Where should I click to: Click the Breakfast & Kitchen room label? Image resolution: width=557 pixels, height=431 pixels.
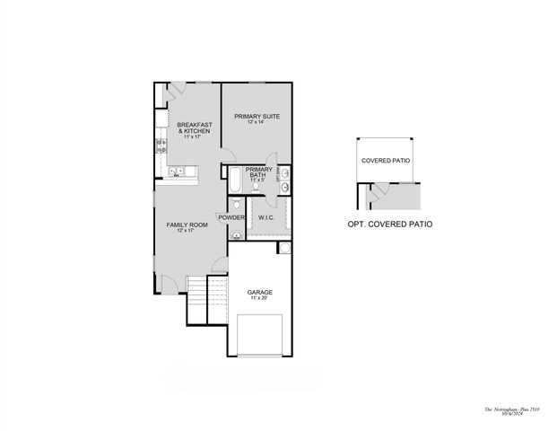(x=194, y=127)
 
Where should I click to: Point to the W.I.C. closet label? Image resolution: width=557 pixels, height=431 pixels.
(x=266, y=217)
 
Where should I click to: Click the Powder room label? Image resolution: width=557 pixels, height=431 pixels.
(x=231, y=217)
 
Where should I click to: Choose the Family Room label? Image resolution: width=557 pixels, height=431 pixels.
(x=187, y=224)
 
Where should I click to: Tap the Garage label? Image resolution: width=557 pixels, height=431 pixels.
(x=260, y=292)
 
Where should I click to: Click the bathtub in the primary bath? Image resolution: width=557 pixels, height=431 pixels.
(x=232, y=180)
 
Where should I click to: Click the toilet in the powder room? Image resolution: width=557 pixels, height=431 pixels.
(x=237, y=206)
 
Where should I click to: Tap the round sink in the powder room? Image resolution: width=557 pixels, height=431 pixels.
(x=237, y=235)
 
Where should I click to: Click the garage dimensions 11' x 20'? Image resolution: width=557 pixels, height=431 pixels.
(x=260, y=298)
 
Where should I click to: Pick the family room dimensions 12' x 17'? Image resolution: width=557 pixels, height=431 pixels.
(x=187, y=231)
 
